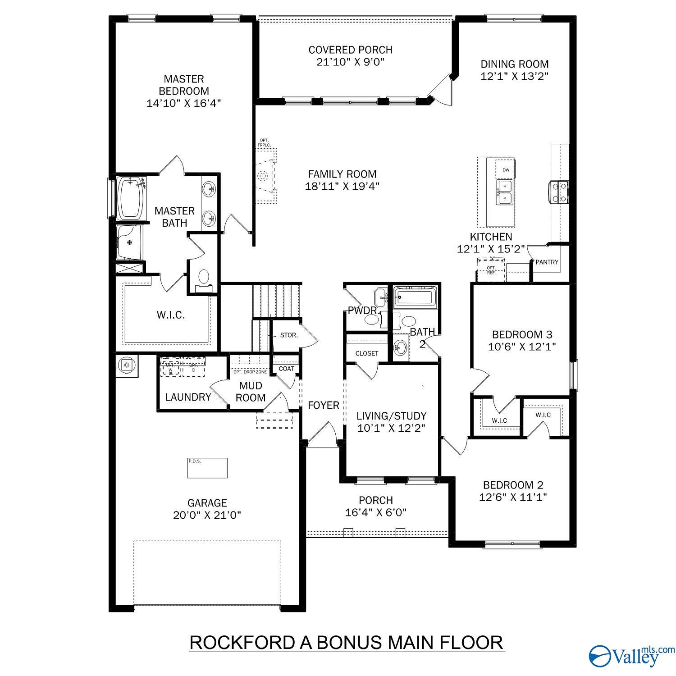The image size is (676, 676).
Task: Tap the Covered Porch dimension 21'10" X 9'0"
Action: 350,62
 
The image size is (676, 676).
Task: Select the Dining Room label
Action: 514,64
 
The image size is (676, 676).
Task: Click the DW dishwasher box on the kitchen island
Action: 506,170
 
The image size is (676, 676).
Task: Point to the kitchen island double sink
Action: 505,192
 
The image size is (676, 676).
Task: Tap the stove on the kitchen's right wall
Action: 559,192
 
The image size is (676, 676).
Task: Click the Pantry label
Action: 547,262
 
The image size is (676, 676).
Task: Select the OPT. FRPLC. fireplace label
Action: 264,143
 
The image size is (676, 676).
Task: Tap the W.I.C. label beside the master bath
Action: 171,315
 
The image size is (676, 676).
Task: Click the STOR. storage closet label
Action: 289,335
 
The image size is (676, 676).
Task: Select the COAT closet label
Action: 286,368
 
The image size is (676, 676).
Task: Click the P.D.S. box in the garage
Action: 207,468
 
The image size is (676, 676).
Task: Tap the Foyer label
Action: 323,405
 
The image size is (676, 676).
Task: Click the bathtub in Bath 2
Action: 415,297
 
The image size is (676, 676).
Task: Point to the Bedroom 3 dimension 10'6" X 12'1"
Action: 522,347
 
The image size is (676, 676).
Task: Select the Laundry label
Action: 188,397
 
